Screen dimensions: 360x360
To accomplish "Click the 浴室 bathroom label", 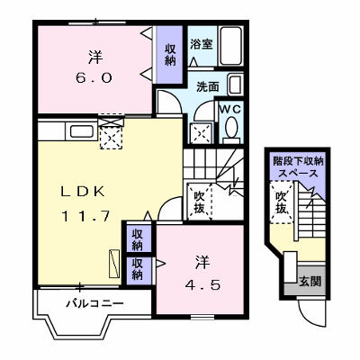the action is pyautogui.click(x=202, y=44).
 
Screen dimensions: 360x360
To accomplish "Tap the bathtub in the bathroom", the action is pyautogui.click(x=230, y=46).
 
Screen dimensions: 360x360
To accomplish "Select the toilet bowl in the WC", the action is pyautogui.click(x=231, y=127).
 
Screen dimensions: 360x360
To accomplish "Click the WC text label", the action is pyautogui.click(x=230, y=110).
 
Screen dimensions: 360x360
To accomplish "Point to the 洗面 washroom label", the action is pyautogui.click(x=208, y=86).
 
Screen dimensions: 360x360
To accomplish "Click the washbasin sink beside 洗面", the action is pyautogui.click(x=235, y=85).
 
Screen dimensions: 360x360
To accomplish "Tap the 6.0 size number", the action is pyautogui.click(x=94, y=78).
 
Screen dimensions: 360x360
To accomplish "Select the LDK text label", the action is pyautogui.click(x=83, y=192).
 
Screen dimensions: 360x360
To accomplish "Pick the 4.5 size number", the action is pyautogui.click(x=203, y=285).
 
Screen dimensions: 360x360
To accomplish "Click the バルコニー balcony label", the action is pyautogui.click(x=94, y=303).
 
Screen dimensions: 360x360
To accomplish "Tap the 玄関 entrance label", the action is pyautogui.click(x=310, y=282).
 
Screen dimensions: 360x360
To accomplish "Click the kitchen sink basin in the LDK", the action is pyautogui.click(x=82, y=131).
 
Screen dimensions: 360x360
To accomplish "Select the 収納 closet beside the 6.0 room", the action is pyautogui.click(x=170, y=55).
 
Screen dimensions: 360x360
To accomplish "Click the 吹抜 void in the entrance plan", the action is pyautogui.click(x=281, y=202).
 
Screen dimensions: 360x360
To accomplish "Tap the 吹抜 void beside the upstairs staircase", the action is pyautogui.click(x=199, y=202).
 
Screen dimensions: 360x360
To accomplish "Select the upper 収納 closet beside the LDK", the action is pyautogui.click(x=138, y=239).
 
